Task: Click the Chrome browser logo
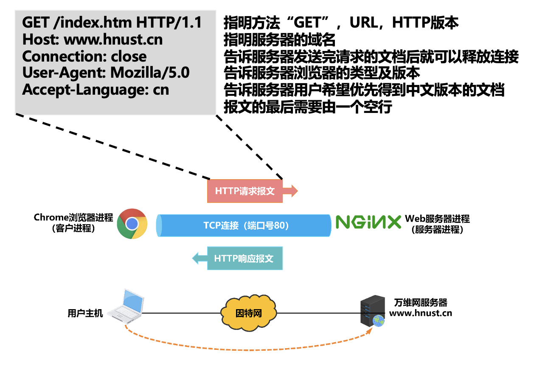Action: [x=132, y=223]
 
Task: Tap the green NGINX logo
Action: [x=368, y=222]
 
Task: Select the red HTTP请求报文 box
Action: [x=245, y=191]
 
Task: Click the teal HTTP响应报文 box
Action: [x=244, y=259]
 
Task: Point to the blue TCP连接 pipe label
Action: [x=246, y=225]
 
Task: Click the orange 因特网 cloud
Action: [x=248, y=314]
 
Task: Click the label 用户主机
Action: [x=85, y=314]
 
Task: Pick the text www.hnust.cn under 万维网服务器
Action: [x=420, y=314]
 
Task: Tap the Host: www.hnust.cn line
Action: [x=92, y=39]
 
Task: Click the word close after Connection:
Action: [x=129, y=56]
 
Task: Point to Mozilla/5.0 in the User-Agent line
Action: [x=150, y=73]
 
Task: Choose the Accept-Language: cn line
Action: [x=96, y=90]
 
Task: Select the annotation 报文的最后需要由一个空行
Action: [x=307, y=107]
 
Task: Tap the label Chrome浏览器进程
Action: [x=73, y=218]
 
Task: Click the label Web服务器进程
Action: [x=437, y=219]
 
